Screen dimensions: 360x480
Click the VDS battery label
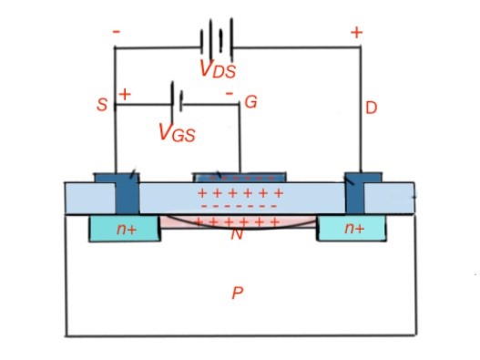click(217, 69)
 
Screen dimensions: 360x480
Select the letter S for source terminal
click(102, 106)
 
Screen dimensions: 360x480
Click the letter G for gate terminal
click(250, 103)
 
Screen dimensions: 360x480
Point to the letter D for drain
click(371, 108)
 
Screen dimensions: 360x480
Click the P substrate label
click(237, 293)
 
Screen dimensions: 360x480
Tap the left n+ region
click(125, 230)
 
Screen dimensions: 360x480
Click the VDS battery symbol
click(217, 40)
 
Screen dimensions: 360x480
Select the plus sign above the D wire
click(356, 33)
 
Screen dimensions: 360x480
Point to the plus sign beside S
click(125, 94)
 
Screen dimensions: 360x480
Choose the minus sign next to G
click(229, 94)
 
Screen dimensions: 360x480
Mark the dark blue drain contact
click(354, 191)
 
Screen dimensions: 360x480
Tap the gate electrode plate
click(240, 176)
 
